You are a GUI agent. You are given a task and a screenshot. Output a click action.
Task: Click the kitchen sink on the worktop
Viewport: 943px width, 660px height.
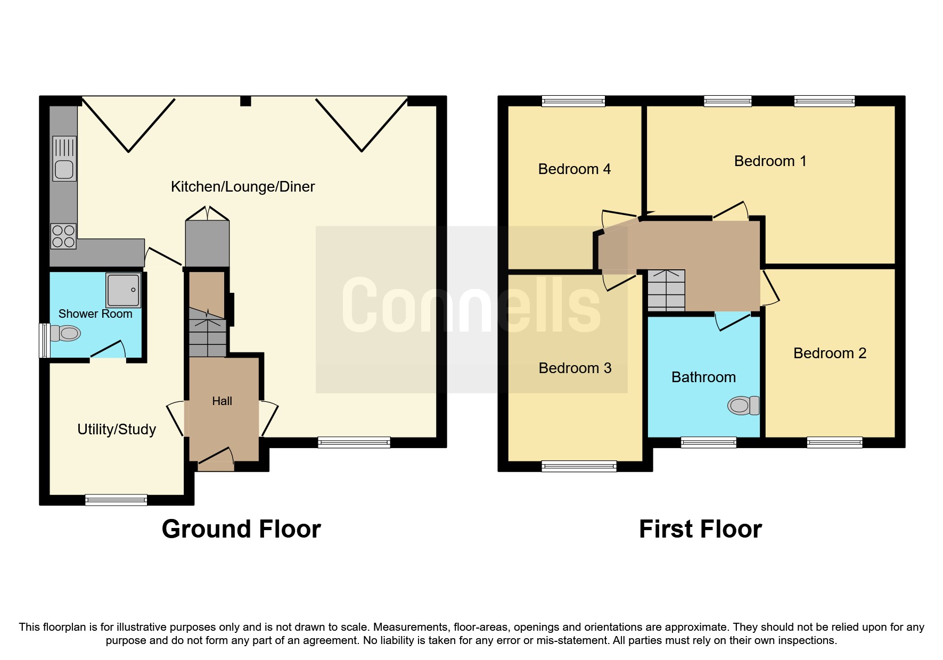point(64,159)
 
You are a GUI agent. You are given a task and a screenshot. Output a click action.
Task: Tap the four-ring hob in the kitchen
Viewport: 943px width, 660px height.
point(63,236)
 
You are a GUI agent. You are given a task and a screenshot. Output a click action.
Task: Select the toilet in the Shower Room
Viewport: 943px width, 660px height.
point(65,334)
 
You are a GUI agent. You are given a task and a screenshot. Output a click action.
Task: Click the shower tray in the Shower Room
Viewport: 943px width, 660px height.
point(124,290)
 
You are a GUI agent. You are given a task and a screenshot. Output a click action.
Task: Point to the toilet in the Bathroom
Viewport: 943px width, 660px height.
point(743,406)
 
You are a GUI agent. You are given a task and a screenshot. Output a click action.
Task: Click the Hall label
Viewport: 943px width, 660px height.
point(222,401)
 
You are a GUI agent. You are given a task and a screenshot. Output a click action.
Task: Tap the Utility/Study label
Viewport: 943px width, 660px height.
point(117,430)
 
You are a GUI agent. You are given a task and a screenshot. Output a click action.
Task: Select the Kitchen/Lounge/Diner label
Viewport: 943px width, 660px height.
point(243,187)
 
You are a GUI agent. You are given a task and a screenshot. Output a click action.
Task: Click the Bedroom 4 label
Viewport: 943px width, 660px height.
point(575,169)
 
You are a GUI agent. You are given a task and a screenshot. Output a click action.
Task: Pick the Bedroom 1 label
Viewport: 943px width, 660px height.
point(770,161)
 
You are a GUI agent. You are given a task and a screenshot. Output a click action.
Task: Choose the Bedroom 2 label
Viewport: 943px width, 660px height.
point(830,353)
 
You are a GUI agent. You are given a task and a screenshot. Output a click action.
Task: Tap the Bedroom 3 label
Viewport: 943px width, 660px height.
point(575,368)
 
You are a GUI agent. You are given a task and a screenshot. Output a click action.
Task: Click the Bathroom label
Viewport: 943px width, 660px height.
point(704,377)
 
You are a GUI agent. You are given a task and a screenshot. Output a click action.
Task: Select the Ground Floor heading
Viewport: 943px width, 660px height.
point(241,530)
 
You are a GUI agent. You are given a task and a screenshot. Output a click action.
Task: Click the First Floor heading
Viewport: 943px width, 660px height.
point(700,530)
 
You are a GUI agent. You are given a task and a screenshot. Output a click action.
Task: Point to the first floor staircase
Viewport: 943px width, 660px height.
point(666,291)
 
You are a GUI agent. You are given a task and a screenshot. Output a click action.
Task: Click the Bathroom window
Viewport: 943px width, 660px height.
point(709,442)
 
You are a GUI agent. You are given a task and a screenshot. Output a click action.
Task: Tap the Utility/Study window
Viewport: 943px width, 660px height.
point(116,500)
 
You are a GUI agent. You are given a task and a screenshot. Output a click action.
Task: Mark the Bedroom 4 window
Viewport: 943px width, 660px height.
point(573,101)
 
